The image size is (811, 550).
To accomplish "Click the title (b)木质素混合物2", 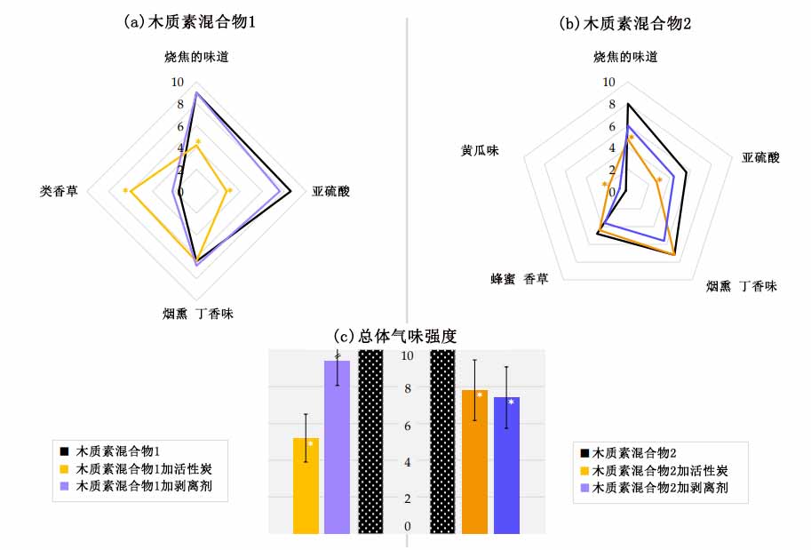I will pos(624,23).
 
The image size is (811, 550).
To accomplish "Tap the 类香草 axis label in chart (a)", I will pos(59,191).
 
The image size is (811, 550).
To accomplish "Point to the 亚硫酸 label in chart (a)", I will pos(330,191).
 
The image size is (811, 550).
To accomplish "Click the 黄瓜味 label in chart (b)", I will pos(480,150).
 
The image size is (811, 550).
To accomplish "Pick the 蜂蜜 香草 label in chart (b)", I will pos(520,278).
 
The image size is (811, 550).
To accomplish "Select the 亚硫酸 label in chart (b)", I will pos(760,158).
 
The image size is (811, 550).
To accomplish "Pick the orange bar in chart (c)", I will pos(474,462).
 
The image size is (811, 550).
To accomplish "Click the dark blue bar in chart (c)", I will pos(506,466).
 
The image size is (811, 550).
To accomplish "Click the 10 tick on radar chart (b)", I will pos(608,83).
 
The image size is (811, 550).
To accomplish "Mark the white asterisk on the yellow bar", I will pos(310,442).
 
